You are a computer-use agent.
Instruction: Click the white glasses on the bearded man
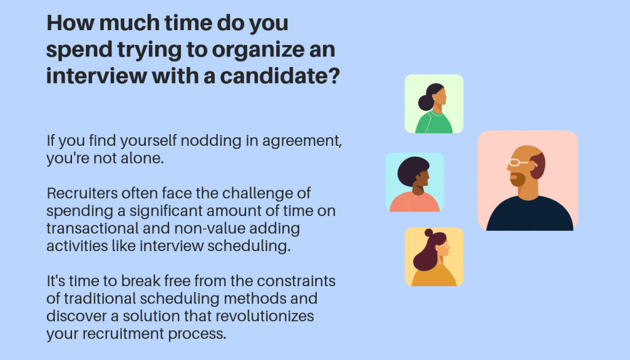517,162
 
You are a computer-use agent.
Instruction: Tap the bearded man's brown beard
516,179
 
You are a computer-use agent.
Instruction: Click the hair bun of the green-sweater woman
426,102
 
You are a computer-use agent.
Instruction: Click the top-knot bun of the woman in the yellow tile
429,233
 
